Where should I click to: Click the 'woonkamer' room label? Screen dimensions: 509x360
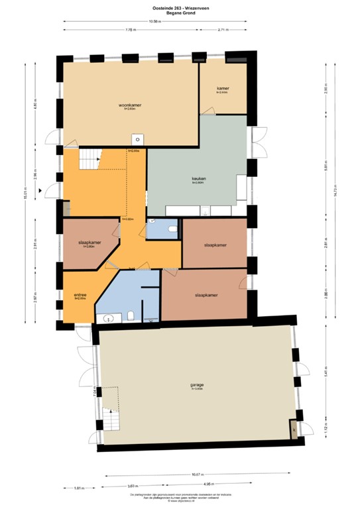pos(131,105)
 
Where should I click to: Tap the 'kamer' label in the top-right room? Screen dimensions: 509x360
pos(222,88)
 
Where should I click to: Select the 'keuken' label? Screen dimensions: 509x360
pos(197,179)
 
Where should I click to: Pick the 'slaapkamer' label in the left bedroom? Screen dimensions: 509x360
pos(90,243)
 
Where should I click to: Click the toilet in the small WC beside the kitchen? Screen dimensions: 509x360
pos(173,229)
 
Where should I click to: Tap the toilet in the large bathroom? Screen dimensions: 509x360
pos(131,314)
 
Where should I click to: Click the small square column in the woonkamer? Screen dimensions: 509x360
pos(137,139)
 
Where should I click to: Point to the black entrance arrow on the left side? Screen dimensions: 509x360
pos(41,190)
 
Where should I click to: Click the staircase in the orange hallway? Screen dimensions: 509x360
pos(90,160)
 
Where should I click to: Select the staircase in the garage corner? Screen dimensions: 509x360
pos(109,419)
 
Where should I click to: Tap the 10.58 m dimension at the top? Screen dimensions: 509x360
pos(154,22)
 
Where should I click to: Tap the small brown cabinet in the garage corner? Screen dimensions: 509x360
pos(292,430)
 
